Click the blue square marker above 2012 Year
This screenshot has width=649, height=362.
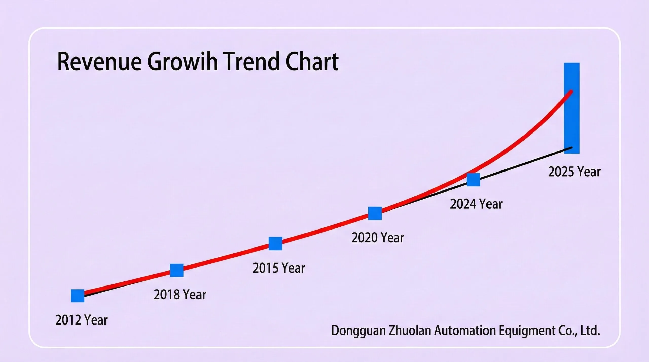point(78,296)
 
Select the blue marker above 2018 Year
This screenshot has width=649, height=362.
point(177,270)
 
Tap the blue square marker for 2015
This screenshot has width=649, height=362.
point(276,243)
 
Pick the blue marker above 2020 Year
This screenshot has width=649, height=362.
point(375,213)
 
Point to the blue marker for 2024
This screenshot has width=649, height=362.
point(474,180)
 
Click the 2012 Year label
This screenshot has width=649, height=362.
point(81,320)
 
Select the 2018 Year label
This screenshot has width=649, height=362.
point(180,295)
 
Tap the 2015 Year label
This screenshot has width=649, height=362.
point(279,268)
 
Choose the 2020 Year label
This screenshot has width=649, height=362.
point(378,238)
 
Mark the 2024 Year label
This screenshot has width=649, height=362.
point(476,204)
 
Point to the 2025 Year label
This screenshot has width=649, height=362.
point(574,172)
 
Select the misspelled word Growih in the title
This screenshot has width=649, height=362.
point(183,62)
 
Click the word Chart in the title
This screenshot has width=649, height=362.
point(312,62)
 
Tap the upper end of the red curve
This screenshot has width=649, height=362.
point(571,92)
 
